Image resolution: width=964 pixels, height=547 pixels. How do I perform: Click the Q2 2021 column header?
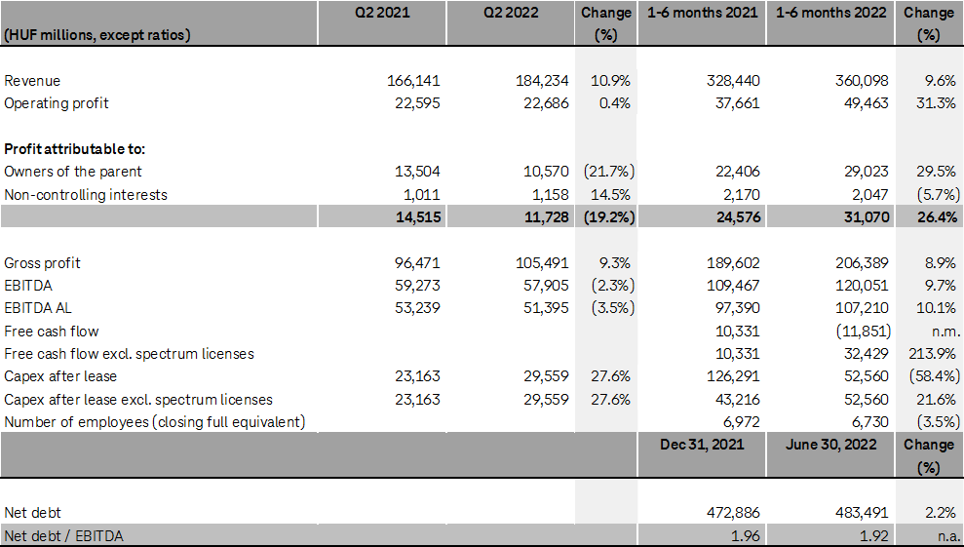coord(382,13)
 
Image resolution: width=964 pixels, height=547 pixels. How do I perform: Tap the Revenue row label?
coord(32,81)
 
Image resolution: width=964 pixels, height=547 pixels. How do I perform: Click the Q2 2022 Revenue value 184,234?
coord(540,81)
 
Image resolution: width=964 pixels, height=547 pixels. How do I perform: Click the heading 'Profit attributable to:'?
coord(74,149)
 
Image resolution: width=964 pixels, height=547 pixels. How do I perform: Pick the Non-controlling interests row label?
coord(86,195)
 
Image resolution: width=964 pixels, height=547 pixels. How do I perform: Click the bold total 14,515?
coord(414,217)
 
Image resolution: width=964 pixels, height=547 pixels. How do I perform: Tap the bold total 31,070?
coord(864,217)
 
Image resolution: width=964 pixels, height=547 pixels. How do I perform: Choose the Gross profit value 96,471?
coord(414,263)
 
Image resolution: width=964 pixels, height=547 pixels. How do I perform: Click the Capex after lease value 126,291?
coord(733,376)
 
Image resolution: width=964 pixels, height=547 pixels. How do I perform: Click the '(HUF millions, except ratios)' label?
coord(97,35)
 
